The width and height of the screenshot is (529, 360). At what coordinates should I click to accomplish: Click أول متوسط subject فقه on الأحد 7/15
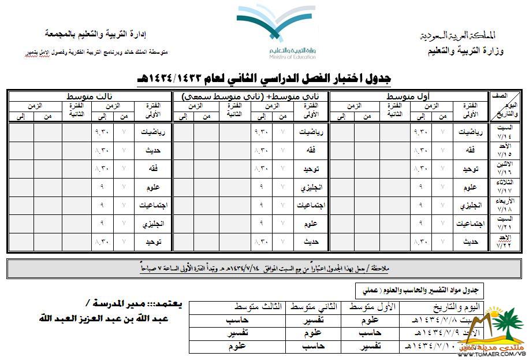[x=469, y=150]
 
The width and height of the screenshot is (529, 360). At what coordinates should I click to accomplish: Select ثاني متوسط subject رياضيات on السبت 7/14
[x=308, y=131]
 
